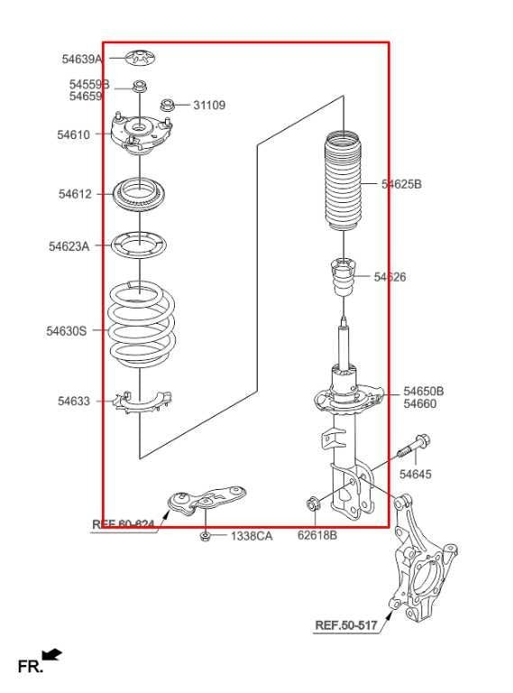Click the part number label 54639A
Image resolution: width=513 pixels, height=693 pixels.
click(81, 59)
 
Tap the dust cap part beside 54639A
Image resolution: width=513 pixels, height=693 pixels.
click(140, 57)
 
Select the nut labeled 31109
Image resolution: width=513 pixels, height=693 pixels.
click(167, 106)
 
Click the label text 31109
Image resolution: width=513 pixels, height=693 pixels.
click(209, 106)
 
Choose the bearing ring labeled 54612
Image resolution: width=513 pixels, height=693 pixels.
click(141, 194)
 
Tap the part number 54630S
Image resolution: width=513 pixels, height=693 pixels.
click(67, 331)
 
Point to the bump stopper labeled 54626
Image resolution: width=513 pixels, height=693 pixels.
click(344, 277)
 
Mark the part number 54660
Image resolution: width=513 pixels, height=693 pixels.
click(420, 404)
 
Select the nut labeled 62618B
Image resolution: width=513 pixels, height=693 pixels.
click(312, 504)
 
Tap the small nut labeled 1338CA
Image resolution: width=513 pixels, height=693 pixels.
click(206, 536)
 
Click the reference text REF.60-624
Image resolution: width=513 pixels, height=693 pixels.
click(124, 523)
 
